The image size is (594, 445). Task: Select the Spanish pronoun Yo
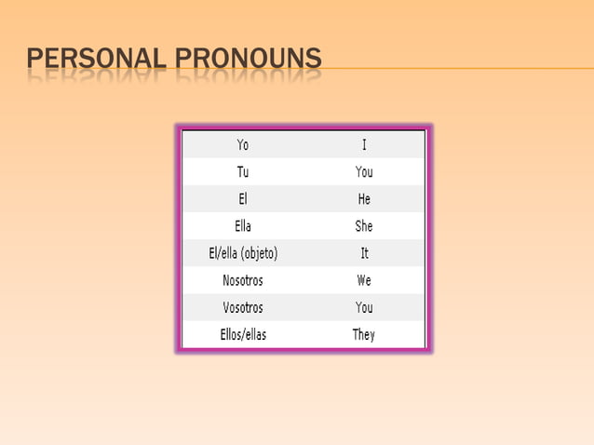click(x=242, y=145)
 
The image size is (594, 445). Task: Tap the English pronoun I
click(x=364, y=145)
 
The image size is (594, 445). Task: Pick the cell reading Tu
click(x=242, y=172)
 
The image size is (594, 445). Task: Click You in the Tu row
click(x=364, y=172)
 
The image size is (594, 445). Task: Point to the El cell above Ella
click(x=242, y=199)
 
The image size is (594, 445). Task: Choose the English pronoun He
click(x=364, y=199)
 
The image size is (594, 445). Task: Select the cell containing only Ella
click(x=242, y=226)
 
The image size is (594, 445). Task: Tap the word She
click(x=364, y=226)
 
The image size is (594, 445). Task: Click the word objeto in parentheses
click(x=256, y=253)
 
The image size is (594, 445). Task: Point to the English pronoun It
click(x=364, y=253)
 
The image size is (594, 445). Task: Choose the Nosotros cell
click(x=242, y=280)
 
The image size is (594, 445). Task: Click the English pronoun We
click(x=364, y=280)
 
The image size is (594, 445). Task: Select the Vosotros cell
click(x=242, y=307)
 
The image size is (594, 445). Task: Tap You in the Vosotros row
click(x=364, y=307)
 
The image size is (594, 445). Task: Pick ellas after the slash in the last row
click(x=256, y=334)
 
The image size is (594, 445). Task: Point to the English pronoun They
click(x=364, y=334)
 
